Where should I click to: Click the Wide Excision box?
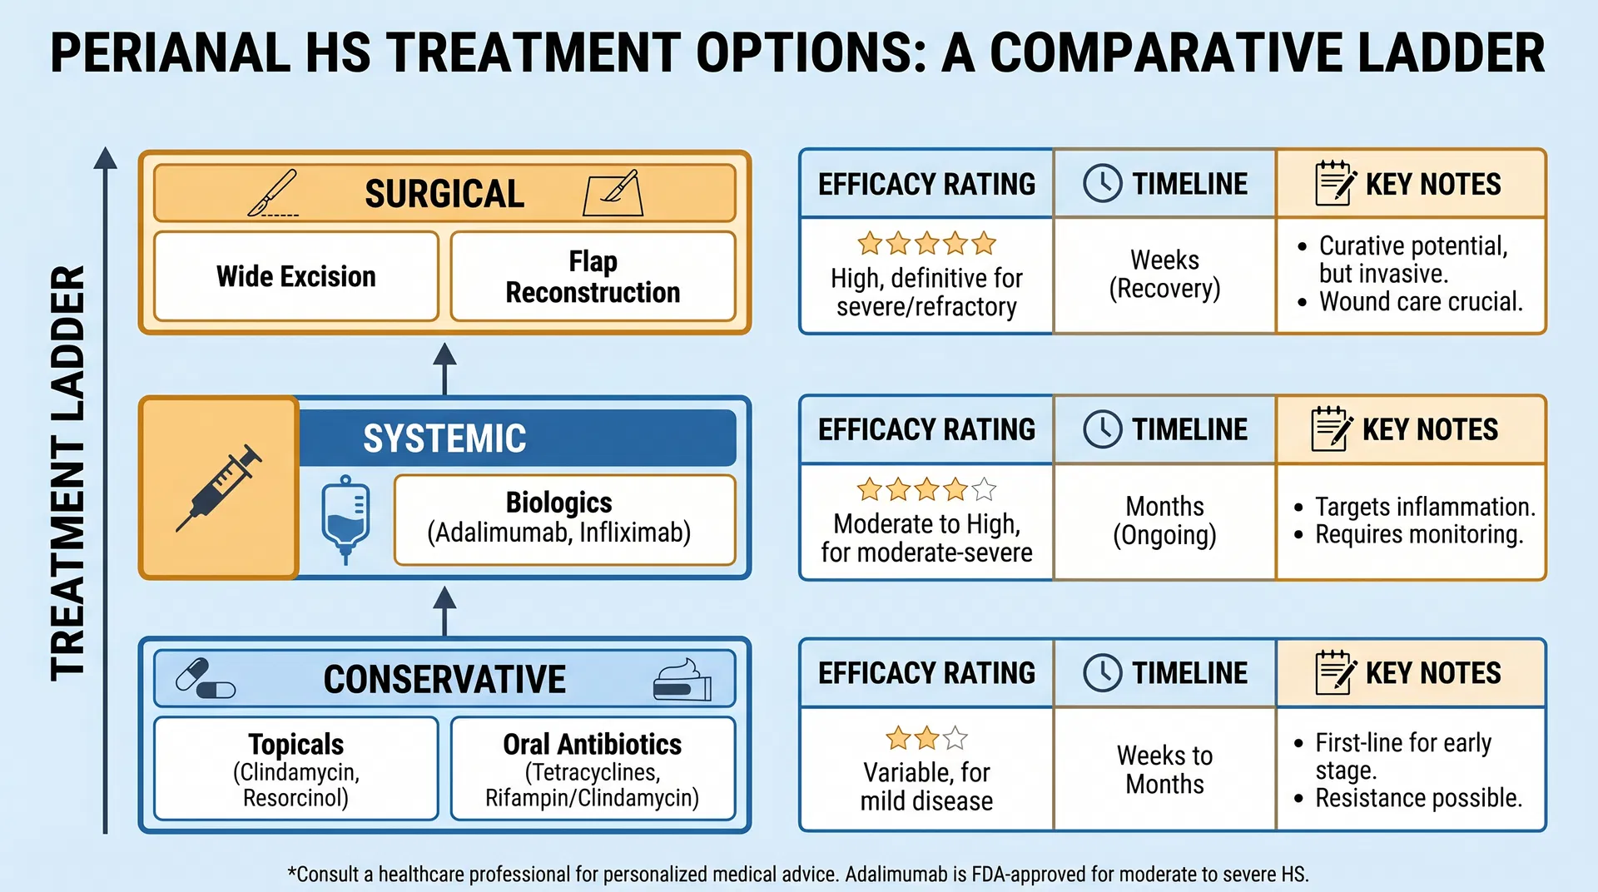(x=295, y=276)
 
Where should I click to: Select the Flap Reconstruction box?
(x=593, y=276)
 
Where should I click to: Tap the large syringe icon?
(x=219, y=488)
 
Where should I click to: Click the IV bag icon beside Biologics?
(x=345, y=519)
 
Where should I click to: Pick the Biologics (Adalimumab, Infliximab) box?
(x=564, y=519)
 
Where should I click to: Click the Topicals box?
(x=295, y=769)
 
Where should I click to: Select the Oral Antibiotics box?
(x=593, y=769)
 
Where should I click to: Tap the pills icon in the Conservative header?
(x=206, y=679)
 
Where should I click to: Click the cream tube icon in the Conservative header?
(x=682, y=680)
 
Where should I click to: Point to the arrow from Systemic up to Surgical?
(x=444, y=368)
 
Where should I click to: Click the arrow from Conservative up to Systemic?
(x=444, y=610)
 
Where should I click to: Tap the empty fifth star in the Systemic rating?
(x=984, y=489)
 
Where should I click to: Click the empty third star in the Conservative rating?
(x=955, y=738)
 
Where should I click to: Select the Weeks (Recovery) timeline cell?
(x=1164, y=275)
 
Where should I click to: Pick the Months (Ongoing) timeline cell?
(x=1164, y=521)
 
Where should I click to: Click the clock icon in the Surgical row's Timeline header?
(x=1102, y=183)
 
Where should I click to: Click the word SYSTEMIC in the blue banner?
(x=444, y=439)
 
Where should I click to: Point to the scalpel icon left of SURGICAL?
(x=273, y=193)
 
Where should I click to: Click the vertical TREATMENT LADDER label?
(x=68, y=473)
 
